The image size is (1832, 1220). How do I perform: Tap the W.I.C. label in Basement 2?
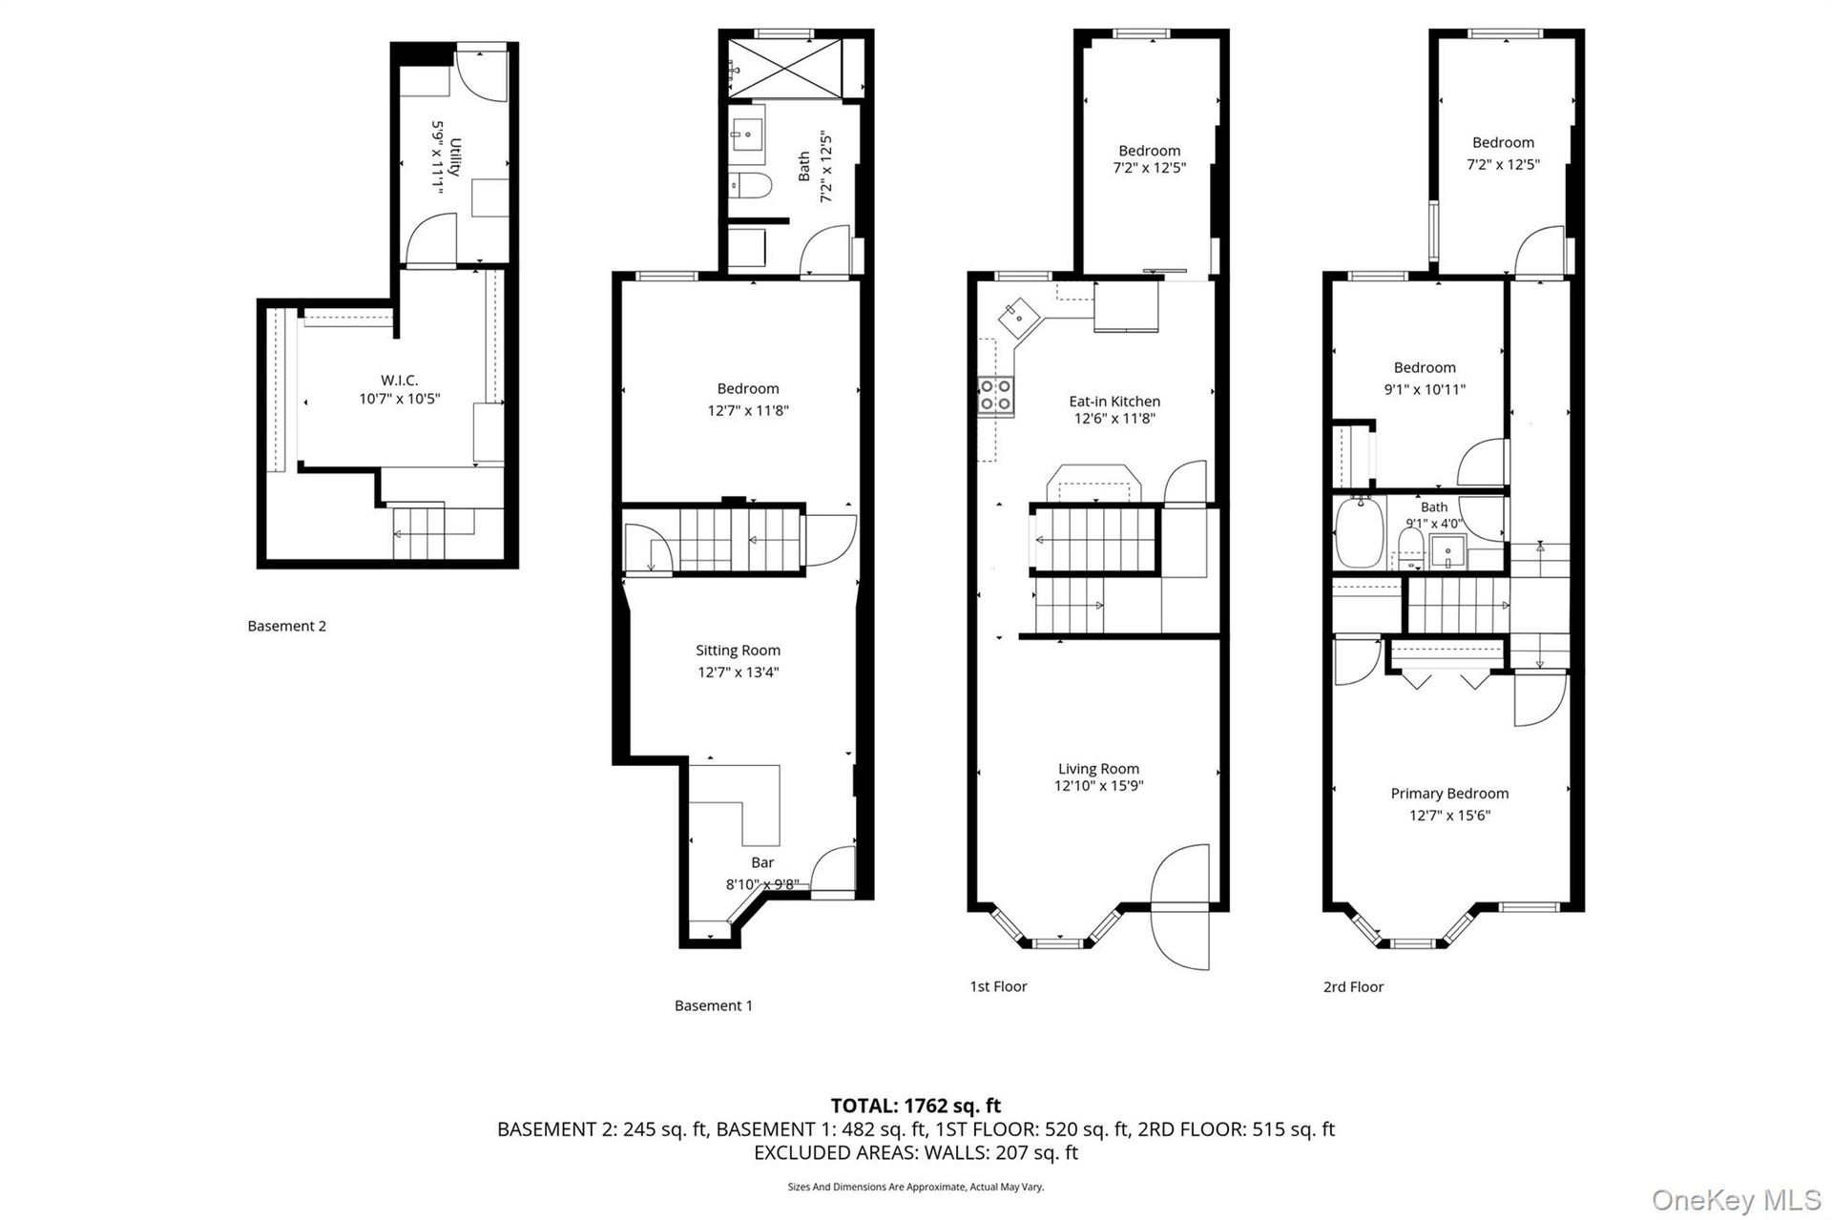tap(399, 381)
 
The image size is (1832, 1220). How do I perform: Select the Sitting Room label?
tap(738, 651)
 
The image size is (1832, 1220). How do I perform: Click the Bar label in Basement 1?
tap(762, 862)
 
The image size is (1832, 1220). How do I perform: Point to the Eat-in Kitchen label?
tap(1114, 402)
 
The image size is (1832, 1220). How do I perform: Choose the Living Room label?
tap(1098, 769)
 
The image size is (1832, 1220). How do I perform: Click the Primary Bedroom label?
tap(1449, 794)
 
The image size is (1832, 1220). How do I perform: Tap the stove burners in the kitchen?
tap(996, 395)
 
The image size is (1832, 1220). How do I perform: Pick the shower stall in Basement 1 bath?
tap(785, 68)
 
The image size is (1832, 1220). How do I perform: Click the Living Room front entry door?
tap(1181, 906)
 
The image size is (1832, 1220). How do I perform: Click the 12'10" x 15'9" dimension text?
tap(1098, 786)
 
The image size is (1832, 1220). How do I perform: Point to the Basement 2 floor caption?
tap(286, 626)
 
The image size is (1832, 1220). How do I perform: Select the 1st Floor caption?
tap(998, 986)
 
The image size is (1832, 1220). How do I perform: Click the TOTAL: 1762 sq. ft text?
tap(916, 1106)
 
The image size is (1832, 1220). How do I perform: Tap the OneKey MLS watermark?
tap(1737, 1200)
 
